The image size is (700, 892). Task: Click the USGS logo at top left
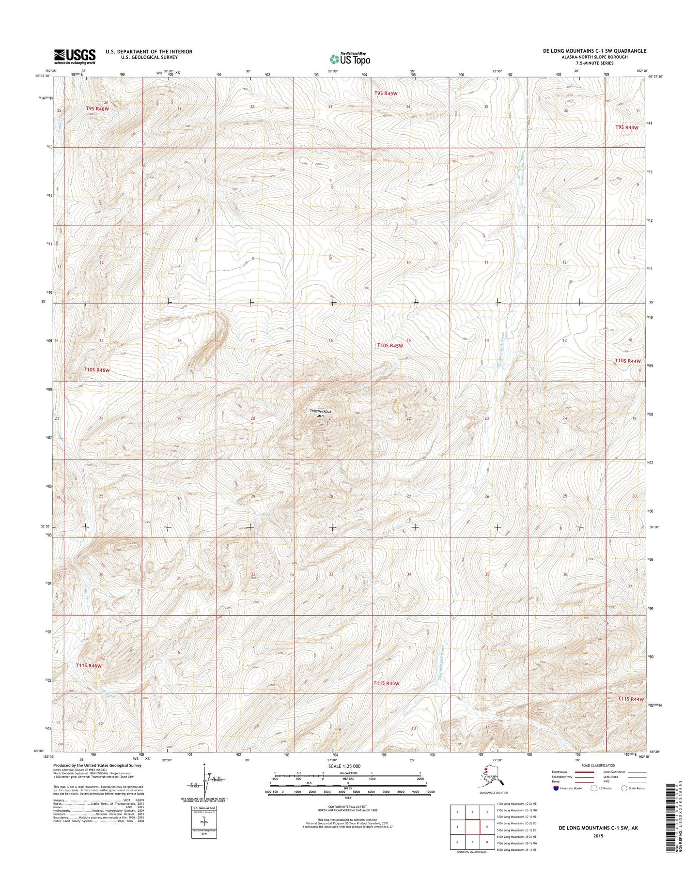pos(75,56)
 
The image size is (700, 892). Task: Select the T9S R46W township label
pos(97,109)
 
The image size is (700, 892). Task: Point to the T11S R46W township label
pos(89,665)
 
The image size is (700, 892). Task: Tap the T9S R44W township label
pos(627,127)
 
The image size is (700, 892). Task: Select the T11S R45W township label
pos(386,683)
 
